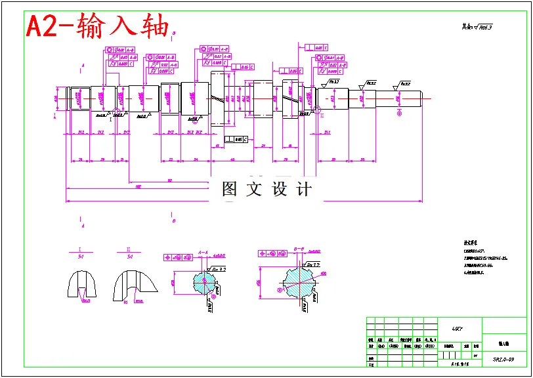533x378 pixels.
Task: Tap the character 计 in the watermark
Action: click(304, 190)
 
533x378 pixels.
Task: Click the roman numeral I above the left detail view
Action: click(79, 249)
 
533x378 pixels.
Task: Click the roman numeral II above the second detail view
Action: click(128, 249)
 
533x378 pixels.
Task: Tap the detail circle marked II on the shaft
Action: click(316, 109)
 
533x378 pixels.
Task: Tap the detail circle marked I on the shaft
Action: click(117, 112)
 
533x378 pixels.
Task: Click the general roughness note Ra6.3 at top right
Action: click(477, 28)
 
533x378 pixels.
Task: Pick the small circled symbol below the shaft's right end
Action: click(399, 113)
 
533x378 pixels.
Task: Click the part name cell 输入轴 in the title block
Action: click(503, 343)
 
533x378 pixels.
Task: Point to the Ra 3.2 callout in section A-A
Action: click(219, 269)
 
